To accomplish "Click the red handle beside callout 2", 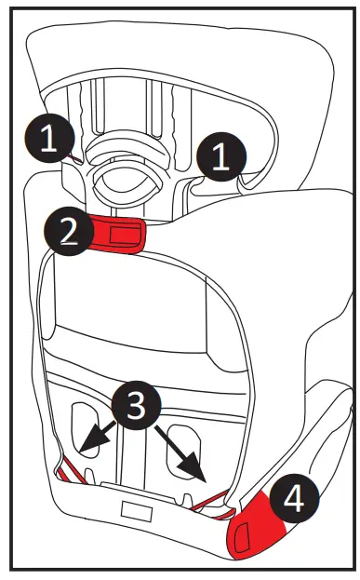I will [119, 233].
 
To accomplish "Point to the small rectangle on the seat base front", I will [137, 512].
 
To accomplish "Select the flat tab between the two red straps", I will [135, 489].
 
